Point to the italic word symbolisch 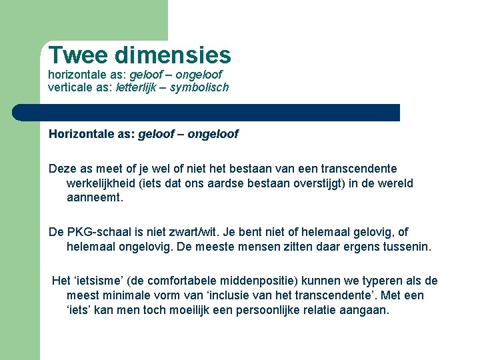coord(200,87)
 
